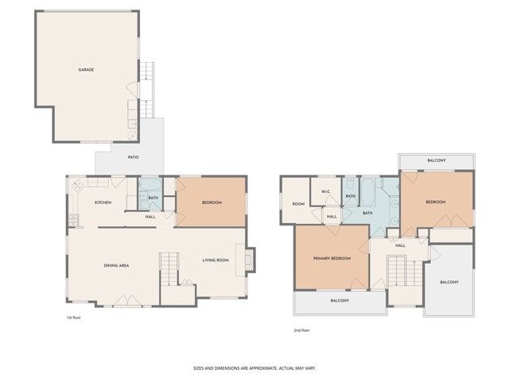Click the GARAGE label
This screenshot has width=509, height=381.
pos(86,70)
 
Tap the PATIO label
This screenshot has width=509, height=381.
pos(134,157)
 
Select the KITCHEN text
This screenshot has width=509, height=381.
pos(103,203)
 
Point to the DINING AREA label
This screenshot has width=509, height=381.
pos(117,265)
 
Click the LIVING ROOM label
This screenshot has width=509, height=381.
pos(216,260)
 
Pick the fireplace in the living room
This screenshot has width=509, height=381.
pos(250,260)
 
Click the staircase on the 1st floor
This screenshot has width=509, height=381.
pos(169,270)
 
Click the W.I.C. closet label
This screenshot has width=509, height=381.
pos(326,192)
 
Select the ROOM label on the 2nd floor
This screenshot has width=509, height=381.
pos(298,204)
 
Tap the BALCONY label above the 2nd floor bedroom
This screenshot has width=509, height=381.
pos(436,161)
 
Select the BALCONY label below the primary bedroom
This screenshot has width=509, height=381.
pos(340,301)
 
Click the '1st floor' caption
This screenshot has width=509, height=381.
pos(74,317)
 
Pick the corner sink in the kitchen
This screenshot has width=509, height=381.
pos(78,186)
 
